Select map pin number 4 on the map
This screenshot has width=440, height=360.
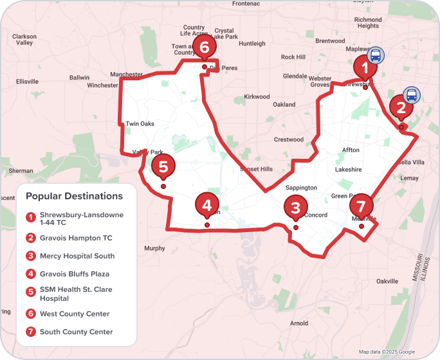[x=206, y=206]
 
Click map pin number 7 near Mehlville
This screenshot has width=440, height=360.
[x=362, y=207]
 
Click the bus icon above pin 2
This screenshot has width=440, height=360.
[x=412, y=96]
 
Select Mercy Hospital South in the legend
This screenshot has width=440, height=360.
[x=77, y=256]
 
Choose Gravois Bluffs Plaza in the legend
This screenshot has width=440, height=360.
[x=74, y=274]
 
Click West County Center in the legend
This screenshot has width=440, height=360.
[x=74, y=314]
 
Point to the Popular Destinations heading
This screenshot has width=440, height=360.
[x=74, y=196]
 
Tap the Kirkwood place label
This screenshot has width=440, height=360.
[x=257, y=97]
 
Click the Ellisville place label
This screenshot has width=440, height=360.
[x=28, y=82]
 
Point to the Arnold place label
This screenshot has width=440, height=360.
[x=299, y=323]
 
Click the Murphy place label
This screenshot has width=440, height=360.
[x=155, y=248]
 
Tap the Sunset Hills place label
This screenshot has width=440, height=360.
[x=256, y=169]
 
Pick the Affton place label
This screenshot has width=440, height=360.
[x=351, y=150]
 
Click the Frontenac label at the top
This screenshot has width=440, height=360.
[x=246, y=4]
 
